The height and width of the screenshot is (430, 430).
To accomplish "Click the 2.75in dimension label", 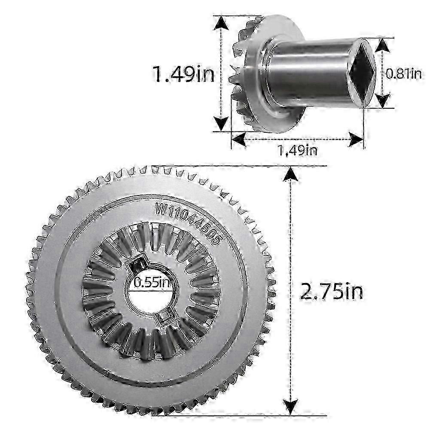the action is click(331, 292).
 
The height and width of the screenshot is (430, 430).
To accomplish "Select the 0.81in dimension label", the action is click(403, 74).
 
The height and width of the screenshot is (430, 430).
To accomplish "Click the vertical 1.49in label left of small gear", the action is click(183, 74).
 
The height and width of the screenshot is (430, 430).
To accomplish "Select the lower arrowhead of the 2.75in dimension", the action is click(290, 407).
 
